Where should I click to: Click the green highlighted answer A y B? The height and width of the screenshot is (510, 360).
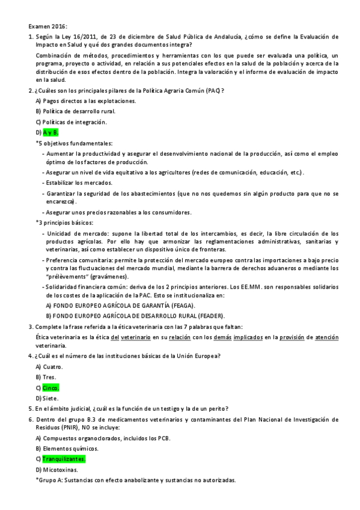(x=50, y=132)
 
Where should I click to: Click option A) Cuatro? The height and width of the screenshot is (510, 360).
(x=49, y=366)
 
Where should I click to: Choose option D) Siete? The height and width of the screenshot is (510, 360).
(x=47, y=398)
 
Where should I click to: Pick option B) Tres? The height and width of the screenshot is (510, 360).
(x=47, y=377)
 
